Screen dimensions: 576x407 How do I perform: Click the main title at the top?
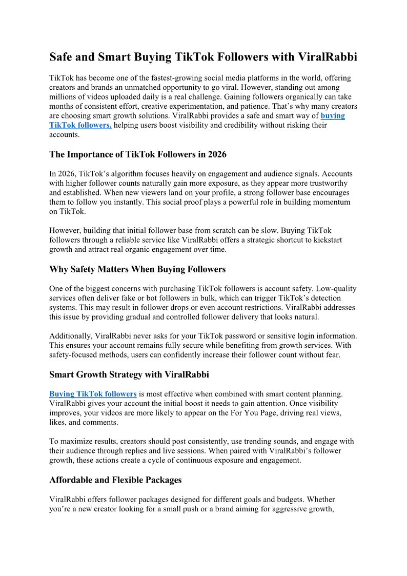(x=203, y=57)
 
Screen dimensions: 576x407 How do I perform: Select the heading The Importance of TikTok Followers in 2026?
(x=138, y=154)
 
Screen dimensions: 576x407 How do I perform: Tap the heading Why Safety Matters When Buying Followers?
(x=137, y=269)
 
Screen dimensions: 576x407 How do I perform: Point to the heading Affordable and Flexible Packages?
(x=115, y=480)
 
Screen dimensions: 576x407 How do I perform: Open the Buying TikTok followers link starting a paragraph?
(x=93, y=394)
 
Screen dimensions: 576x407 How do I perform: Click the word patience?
(x=256, y=106)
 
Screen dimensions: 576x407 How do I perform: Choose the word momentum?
(x=328, y=202)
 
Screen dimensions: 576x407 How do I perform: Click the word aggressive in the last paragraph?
(x=283, y=508)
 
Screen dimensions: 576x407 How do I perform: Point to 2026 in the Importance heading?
(x=215, y=154)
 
